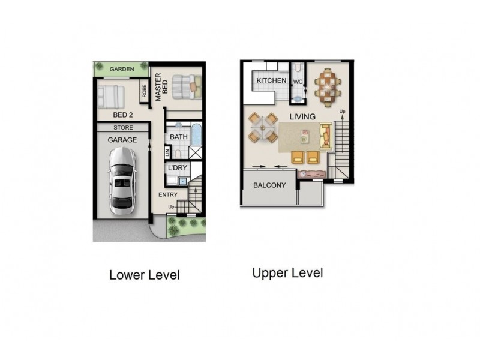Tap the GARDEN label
click(122, 70)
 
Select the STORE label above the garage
click(123, 128)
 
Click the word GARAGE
click(122, 140)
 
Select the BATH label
click(178, 137)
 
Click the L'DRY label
click(178, 167)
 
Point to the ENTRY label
click(169, 195)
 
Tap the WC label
click(298, 82)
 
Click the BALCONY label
click(269, 185)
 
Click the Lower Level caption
click(144, 275)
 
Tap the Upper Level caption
click(287, 273)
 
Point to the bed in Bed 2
click(110, 95)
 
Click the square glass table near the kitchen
click(263, 127)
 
